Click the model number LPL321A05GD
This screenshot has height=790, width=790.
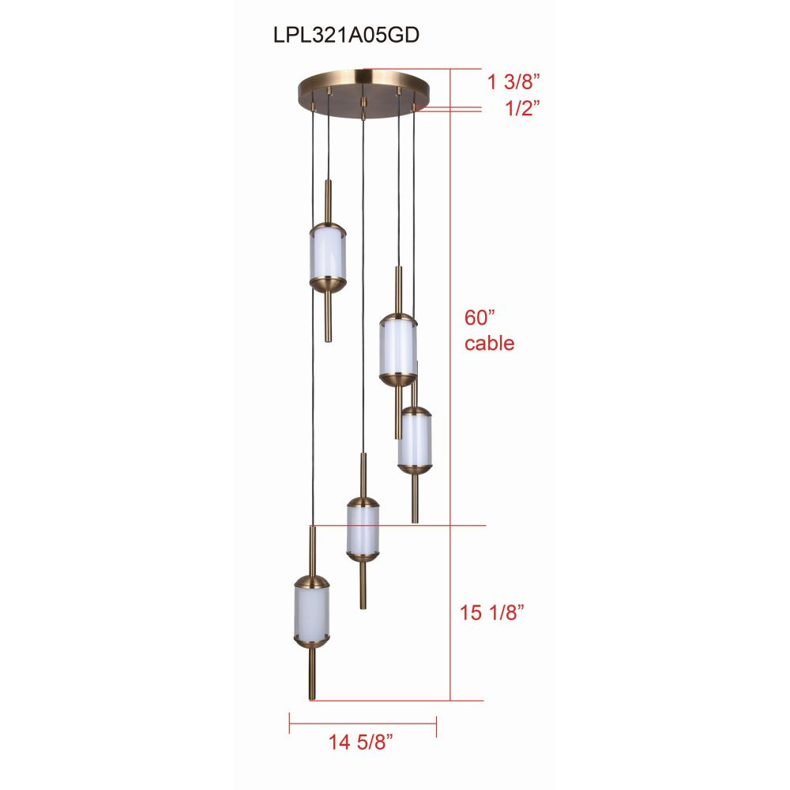(x=346, y=36)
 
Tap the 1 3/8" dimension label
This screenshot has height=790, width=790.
(x=513, y=81)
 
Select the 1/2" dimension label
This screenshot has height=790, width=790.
(x=522, y=108)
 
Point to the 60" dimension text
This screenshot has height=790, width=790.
(x=480, y=318)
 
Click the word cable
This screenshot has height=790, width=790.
(x=489, y=343)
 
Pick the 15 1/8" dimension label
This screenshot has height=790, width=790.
(x=491, y=613)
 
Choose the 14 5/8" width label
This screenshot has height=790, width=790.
(x=361, y=742)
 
